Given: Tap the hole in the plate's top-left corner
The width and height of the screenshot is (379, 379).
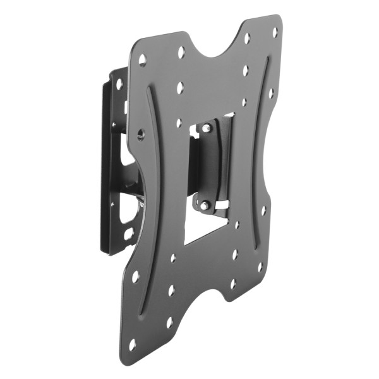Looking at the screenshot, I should [142, 61].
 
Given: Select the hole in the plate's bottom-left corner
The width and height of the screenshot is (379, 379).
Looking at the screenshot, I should [132, 344].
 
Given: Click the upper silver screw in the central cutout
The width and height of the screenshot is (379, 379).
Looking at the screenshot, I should [207, 129].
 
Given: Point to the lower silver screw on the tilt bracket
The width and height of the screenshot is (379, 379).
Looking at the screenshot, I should [204, 204].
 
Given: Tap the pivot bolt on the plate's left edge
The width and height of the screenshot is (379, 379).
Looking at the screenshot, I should [140, 134].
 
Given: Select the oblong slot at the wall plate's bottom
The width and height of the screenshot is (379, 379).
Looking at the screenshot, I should [128, 234].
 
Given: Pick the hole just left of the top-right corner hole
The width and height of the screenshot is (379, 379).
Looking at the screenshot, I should [247, 38].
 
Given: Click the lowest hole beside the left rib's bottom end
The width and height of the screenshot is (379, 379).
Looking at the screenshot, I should [169, 322].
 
